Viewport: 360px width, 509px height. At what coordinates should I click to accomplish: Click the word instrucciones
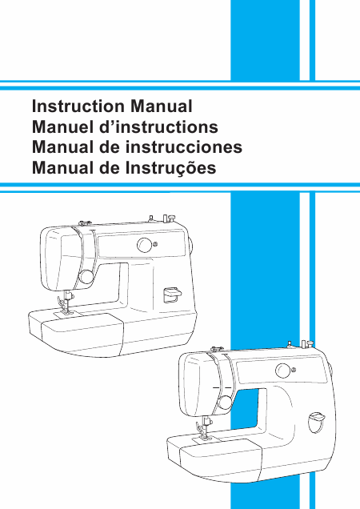pos(184,147)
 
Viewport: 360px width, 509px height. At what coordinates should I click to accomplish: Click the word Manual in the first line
pos(162,106)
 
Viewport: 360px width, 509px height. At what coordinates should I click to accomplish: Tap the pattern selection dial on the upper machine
pos(145,245)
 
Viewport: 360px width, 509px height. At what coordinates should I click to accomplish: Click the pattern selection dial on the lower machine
pos(283,371)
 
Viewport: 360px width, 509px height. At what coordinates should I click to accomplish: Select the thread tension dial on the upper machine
pos(86,277)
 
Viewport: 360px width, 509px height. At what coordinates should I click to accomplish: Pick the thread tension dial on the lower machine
pos(225,403)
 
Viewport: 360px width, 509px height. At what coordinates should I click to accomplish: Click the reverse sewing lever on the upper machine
pos(172,295)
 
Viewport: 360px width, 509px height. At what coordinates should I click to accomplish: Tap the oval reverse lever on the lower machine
pos(317,423)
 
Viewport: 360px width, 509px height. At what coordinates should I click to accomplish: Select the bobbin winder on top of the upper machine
pos(169,218)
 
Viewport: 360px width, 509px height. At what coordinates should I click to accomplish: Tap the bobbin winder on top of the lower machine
pos(307,344)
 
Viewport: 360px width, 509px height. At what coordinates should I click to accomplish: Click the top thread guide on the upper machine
pos(85,223)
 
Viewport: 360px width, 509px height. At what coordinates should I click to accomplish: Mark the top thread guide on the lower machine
pos(217,349)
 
